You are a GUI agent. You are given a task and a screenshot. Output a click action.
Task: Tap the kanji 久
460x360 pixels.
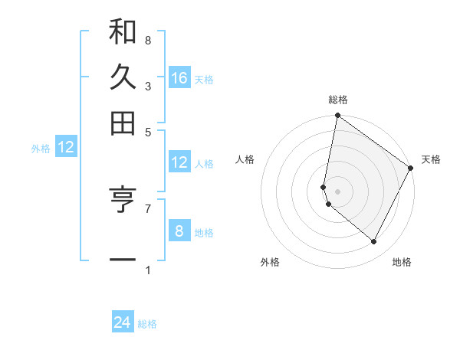123,78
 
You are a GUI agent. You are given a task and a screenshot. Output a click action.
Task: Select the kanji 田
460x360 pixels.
123,122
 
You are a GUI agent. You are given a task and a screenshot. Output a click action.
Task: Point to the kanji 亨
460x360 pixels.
123,199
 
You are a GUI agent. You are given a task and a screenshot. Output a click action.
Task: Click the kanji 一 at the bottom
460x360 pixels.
123,260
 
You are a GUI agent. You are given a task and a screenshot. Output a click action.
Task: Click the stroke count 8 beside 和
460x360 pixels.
147,40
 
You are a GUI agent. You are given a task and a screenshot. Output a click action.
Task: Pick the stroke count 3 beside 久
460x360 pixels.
147,86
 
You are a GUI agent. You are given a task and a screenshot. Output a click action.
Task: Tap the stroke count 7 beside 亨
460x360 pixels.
147,208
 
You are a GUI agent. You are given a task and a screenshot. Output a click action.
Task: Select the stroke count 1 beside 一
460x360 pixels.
147,270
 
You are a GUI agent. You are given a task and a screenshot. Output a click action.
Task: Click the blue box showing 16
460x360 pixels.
179,78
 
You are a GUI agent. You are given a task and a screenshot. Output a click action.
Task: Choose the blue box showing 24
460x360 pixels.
123,322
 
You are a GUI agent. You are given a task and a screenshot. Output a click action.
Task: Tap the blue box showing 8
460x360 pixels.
179,231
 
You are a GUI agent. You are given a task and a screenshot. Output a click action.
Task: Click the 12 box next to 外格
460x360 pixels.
66,147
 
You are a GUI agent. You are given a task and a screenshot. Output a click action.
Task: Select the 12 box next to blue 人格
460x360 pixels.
179,162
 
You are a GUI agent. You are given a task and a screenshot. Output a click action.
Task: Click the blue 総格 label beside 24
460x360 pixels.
147,324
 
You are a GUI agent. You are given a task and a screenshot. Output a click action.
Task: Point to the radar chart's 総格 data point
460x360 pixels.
337,116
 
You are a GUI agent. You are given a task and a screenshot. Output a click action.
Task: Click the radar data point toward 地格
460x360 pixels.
373,241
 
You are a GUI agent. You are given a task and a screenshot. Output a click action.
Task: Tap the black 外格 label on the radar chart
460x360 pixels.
270,262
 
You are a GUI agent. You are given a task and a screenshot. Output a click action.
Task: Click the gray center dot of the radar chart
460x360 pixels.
337,191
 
